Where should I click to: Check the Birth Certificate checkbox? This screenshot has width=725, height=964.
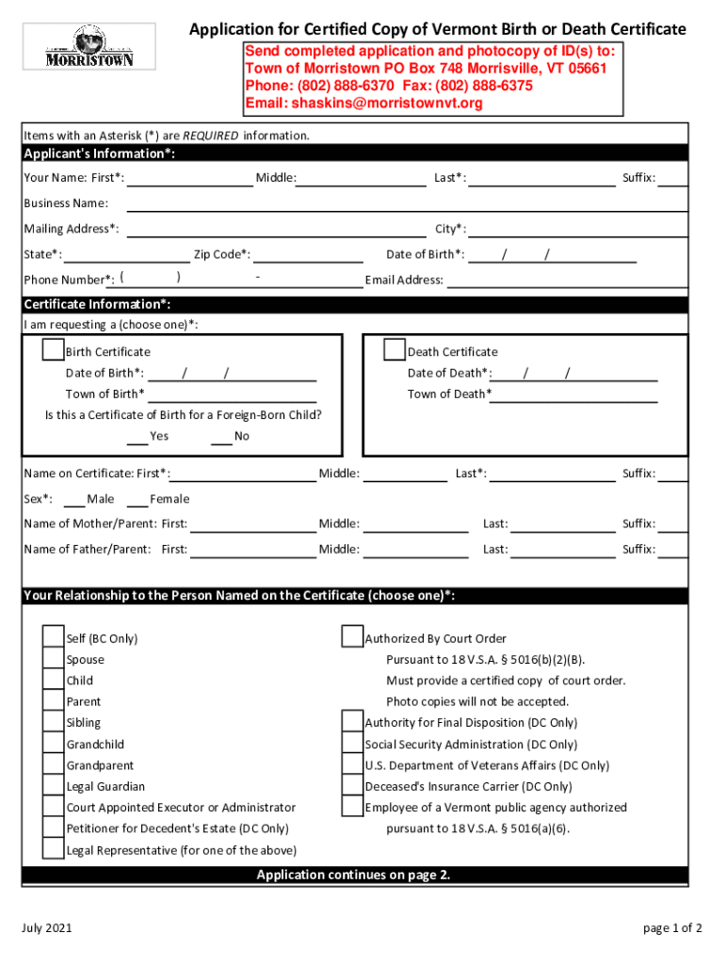(53, 350)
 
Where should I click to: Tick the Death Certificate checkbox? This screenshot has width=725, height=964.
(395, 350)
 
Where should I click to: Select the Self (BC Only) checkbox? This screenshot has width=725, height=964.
(53, 637)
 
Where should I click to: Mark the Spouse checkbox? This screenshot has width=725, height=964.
(53, 659)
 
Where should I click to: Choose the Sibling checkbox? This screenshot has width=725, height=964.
(53, 722)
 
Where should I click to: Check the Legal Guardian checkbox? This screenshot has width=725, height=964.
(53, 785)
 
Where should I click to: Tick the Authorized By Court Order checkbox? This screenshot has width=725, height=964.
(352, 637)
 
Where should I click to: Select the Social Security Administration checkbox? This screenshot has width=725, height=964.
(352, 744)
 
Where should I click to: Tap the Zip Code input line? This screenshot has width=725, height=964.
(309, 255)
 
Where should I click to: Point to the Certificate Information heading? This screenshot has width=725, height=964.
(97, 304)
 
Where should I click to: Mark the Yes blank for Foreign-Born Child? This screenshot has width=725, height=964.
(137, 437)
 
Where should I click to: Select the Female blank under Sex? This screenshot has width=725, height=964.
(137, 500)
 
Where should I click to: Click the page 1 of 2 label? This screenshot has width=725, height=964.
(672, 928)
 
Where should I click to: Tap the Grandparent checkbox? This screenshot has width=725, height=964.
(53, 764)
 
